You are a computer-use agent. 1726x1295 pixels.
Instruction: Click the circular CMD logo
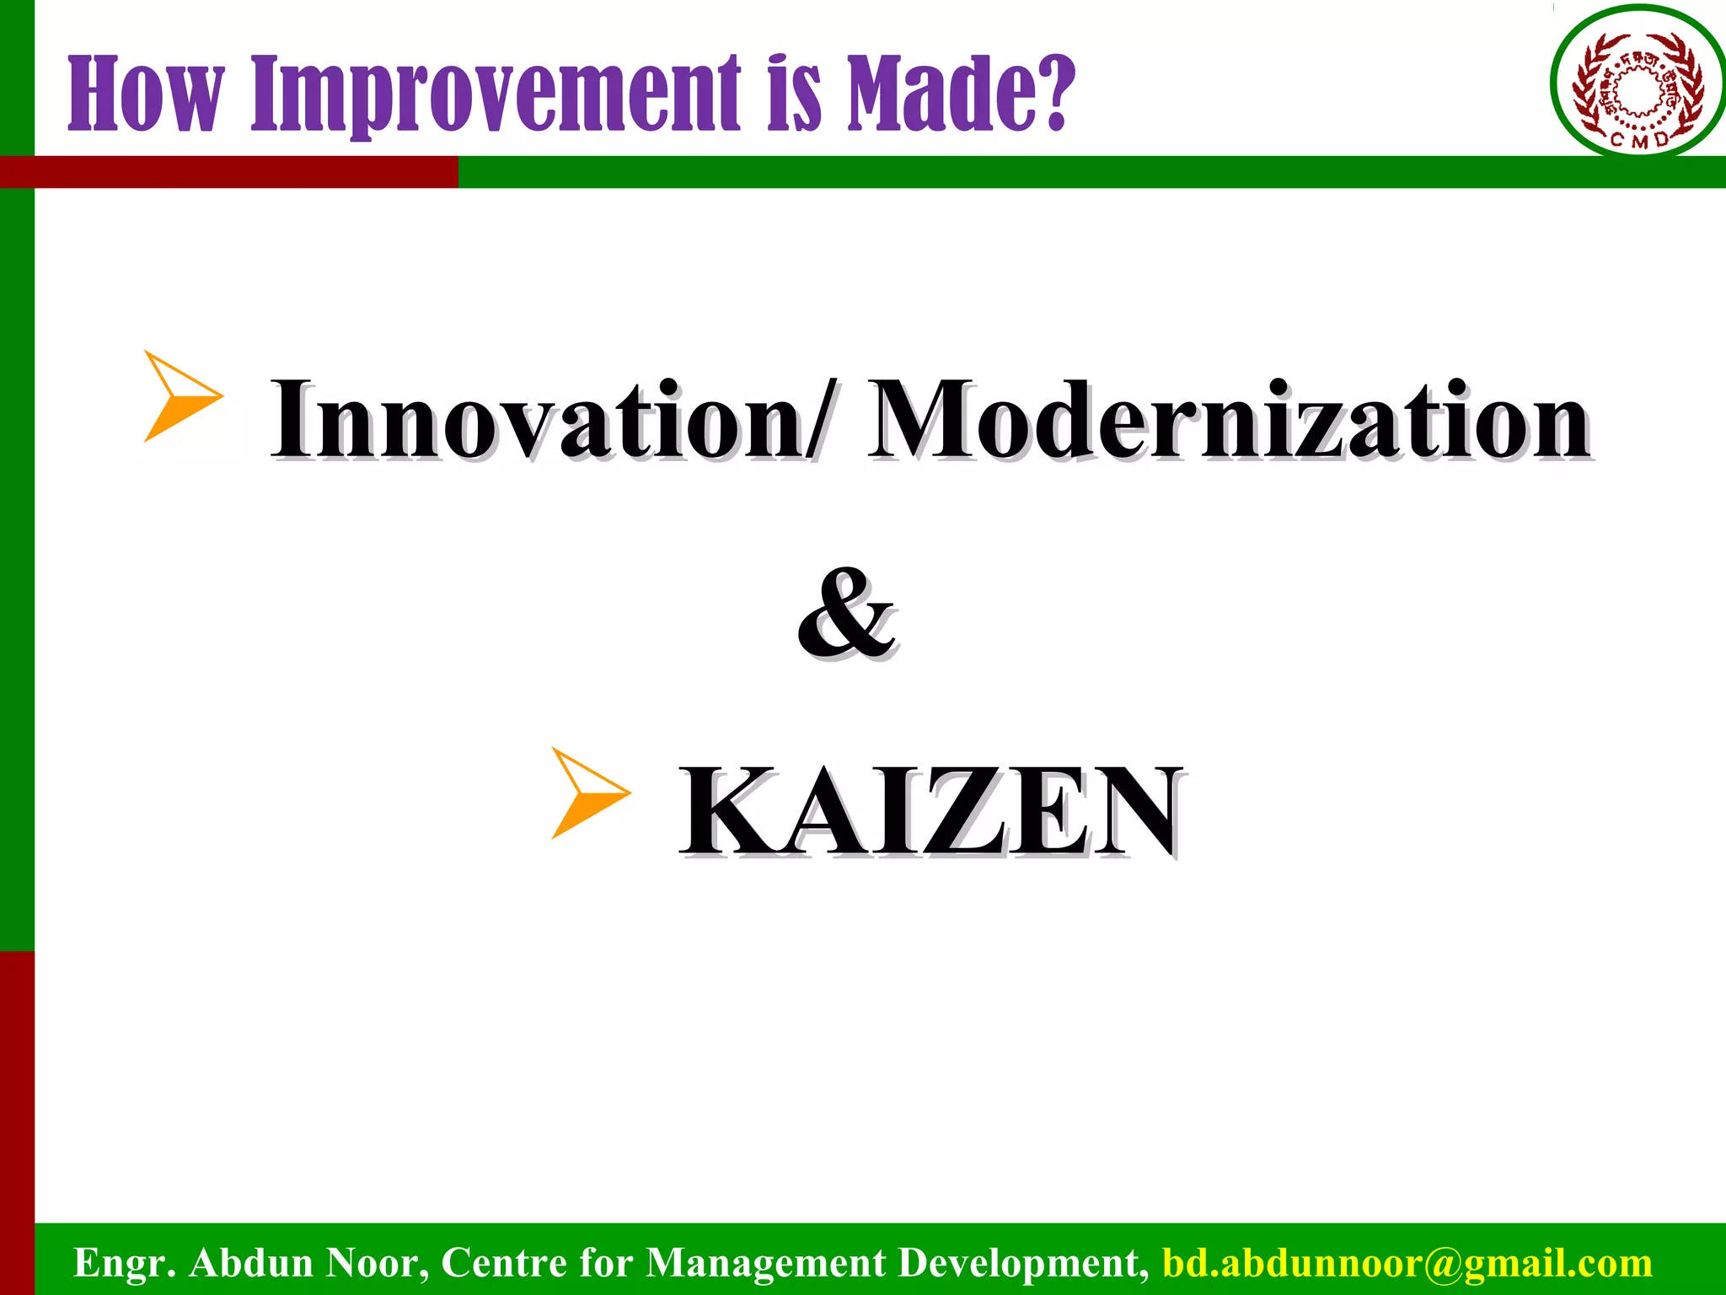point(1638,82)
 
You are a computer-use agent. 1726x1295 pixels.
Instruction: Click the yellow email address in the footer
point(1407,1263)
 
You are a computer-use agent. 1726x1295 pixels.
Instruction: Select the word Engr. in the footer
point(125,1263)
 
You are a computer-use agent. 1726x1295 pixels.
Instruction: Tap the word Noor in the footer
point(376,1263)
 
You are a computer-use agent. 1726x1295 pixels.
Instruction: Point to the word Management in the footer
point(766,1263)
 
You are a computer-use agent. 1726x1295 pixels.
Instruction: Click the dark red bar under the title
point(228,172)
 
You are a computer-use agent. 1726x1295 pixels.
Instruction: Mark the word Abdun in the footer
point(252,1263)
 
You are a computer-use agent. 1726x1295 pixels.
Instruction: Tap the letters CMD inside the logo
point(1638,140)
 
